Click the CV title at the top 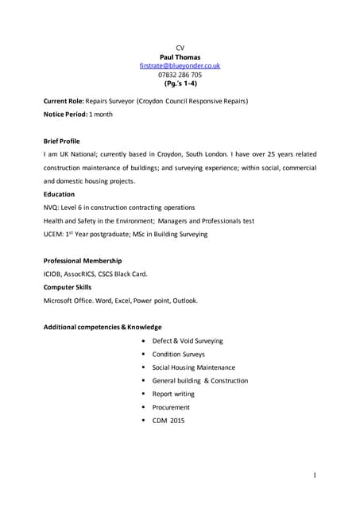[x=180, y=48]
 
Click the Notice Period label [x=65, y=115]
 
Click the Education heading [x=59, y=194]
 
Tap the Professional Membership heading [x=83, y=261]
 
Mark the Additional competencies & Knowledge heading [x=103, y=327]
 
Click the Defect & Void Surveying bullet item [x=188, y=340]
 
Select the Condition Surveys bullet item [x=178, y=354]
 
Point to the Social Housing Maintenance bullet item [x=193, y=367]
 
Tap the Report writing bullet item [x=173, y=394]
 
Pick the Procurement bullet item [x=171, y=407]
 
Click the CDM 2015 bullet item [x=168, y=421]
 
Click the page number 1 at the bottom [x=315, y=476]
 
